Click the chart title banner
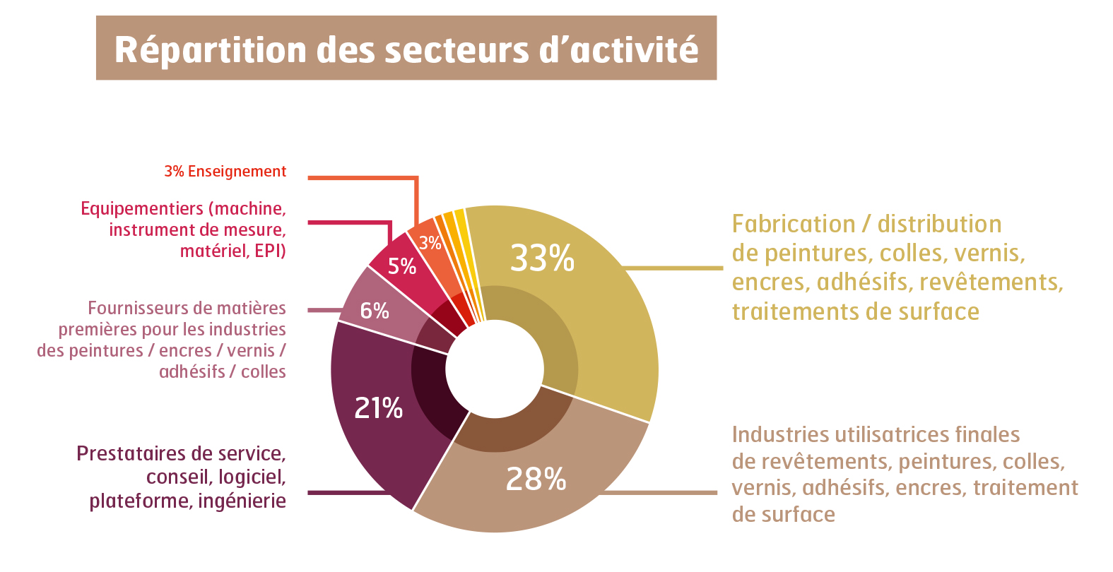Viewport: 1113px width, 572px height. pos(406,48)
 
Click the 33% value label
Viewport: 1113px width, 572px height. pos(542,258)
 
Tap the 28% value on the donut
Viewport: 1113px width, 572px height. pos(536,479)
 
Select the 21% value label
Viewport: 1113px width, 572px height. pos(378,408)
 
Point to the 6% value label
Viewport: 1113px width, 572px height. pos(375,311)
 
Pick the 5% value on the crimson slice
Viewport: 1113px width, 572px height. pos(401,266)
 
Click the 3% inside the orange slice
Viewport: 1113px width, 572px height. pos(430,244)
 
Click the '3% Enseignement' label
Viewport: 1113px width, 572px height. pos(225,172)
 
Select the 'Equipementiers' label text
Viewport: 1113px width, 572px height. pos(183,230)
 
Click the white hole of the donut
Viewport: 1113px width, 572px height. pos(495,369)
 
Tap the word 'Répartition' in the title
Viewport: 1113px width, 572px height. pos(211,50)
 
